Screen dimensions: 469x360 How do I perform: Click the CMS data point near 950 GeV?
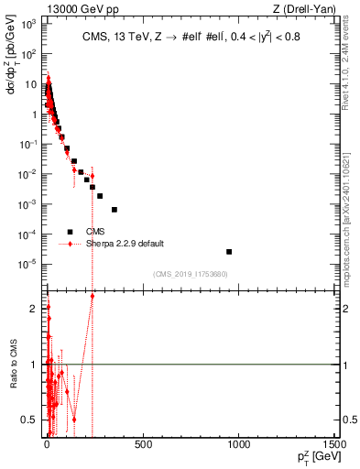point(229,251)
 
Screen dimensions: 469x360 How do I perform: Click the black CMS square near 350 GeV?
point(115,209)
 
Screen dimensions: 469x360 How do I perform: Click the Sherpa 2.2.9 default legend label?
point(125,243)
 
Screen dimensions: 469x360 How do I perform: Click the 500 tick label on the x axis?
point(143,446)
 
